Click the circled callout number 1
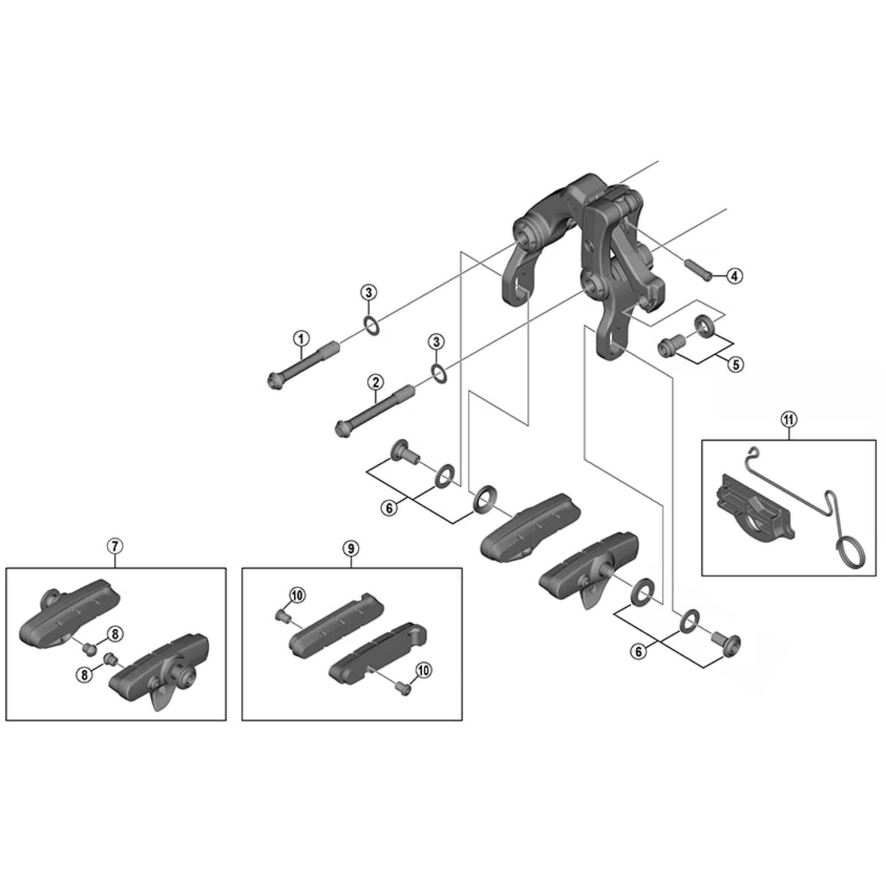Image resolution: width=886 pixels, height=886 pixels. pos(301,339)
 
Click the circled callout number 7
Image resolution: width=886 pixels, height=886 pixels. pos(115,546)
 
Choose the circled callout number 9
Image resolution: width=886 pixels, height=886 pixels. pos(351,548)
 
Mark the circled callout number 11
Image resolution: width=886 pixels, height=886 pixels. pos(789,419)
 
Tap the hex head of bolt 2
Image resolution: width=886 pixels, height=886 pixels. pos(342,430)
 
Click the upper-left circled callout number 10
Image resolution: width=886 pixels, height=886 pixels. pos(297,596)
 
